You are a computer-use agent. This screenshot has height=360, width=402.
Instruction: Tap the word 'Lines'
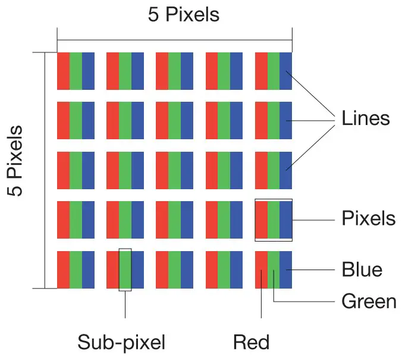365,118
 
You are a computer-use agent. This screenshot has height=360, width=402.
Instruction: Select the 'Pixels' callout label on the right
368,218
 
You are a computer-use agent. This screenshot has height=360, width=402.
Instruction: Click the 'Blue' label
362,270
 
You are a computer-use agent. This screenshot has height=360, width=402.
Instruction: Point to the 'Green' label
369,301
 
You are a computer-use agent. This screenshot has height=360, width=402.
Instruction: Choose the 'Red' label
251,342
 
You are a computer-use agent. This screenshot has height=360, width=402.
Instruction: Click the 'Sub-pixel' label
121,342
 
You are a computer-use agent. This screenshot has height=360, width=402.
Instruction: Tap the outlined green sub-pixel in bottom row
125,270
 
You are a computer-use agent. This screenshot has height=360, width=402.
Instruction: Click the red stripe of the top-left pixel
63,71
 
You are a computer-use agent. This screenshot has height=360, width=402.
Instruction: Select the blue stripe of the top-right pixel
286,71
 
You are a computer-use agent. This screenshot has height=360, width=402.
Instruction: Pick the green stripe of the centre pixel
174,170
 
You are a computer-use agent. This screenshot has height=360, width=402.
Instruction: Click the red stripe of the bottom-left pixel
63,270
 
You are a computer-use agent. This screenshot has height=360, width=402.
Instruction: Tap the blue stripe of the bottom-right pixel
286,270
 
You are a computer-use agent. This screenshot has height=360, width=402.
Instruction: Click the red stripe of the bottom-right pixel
260,270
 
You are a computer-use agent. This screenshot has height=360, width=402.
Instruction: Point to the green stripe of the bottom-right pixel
273,270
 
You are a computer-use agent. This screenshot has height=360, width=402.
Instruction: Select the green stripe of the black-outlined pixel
273,220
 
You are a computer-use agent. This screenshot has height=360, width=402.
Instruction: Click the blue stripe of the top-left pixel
88,71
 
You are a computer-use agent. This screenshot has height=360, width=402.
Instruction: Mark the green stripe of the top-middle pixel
174,71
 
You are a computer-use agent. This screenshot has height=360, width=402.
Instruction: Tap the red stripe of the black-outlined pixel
261,220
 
